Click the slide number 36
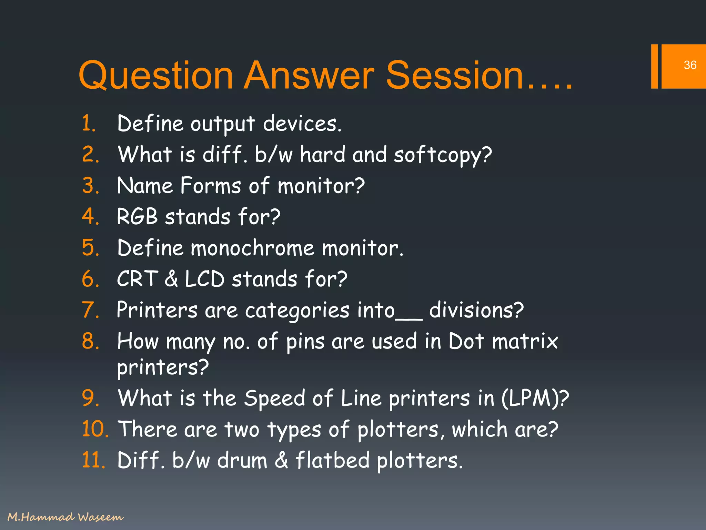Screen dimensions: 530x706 [x=690, y=65]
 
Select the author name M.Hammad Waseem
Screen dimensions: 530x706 [x=65, y=517]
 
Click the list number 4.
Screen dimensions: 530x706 [x=90, y=217]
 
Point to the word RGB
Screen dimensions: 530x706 [x=137, y=217]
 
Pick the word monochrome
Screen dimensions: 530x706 [x=252, y=248]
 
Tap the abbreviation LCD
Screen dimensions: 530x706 [x=205, y=279]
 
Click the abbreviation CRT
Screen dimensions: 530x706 [x=138, y=279]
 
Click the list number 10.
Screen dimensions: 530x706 [x=95, y=429]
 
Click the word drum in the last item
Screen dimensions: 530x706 [x=242, y=460]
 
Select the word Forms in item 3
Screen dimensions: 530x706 [x=210, y=186]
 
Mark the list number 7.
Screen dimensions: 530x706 [x=90, y=310]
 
